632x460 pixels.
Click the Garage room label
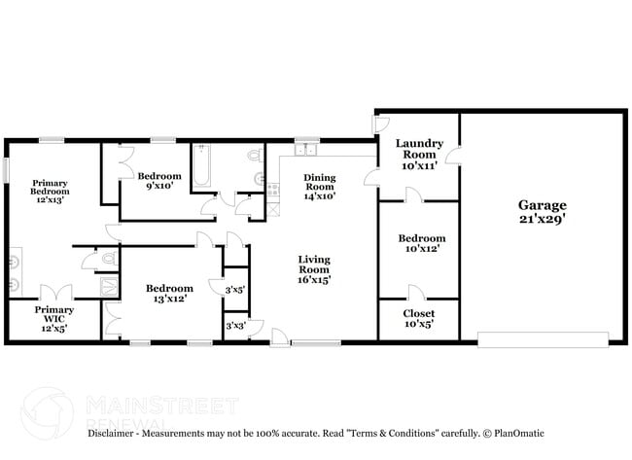(543, 212)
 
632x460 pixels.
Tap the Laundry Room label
(419, 155)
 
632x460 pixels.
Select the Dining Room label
(320, 187)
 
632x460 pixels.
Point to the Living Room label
(314, 269)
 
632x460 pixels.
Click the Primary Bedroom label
(50, 192)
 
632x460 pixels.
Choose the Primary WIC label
(54, 319)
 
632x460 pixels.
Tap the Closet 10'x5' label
(419, 318)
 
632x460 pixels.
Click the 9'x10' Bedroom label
(159, 181)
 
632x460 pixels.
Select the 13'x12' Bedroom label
(169, 293)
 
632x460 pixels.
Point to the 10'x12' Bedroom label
(422, 243)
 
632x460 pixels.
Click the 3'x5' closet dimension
(235, 290)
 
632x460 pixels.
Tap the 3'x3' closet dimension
(236, 326)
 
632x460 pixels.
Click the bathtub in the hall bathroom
(201, 165)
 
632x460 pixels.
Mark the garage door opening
(543, 339)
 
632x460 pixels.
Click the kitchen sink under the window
(305, 150)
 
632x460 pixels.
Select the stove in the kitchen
(273, 190)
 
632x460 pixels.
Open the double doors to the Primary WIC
(56, 293)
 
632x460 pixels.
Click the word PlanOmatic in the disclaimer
(519, 434)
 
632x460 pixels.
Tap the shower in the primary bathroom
(109, 287)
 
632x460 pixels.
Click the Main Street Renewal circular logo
(48, 413)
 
